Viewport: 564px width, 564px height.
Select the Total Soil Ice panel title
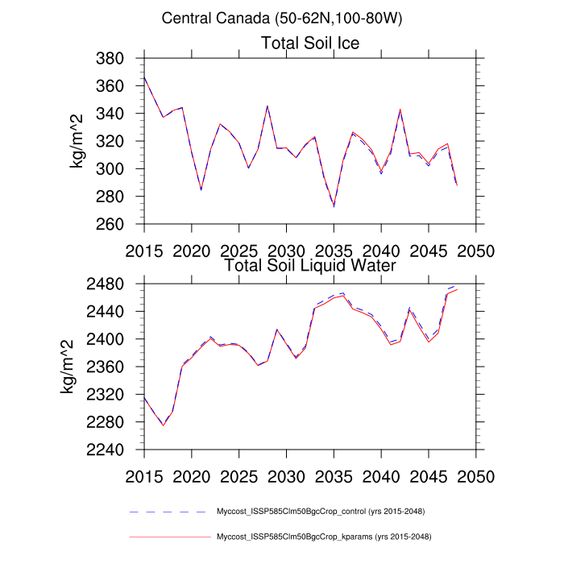[310, 43]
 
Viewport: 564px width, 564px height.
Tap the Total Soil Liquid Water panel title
[310, 264]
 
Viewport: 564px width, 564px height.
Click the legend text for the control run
[321, 512]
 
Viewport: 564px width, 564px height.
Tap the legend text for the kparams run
[322, 536]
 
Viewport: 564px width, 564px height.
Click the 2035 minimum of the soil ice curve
[334, 206]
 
